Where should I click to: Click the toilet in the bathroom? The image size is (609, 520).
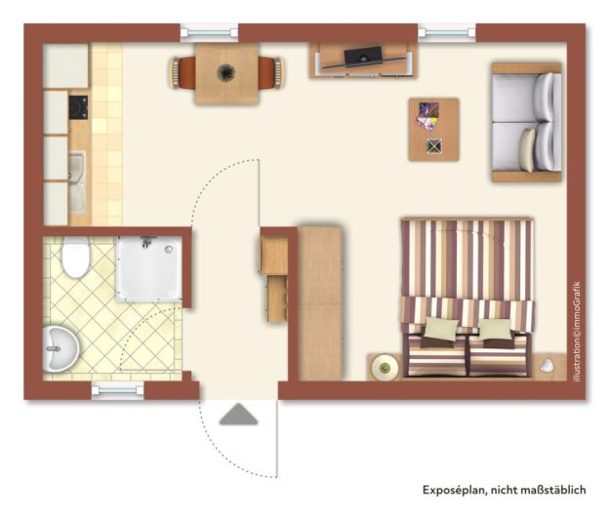(x=76, y=258)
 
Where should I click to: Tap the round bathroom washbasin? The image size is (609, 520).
(x=61, y=348)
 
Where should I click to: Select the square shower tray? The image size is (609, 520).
(x=149, y=268)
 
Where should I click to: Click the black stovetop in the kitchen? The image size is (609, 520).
(x=78, y=107)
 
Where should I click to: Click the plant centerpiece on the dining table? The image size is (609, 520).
(x=226, y=72)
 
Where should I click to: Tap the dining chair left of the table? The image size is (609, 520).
(x=182, y=73)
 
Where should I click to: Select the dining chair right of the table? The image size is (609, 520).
(x=272, y=73)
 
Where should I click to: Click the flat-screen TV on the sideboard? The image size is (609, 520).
(x=363, y=56)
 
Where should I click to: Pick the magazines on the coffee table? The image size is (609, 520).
(x=426, y=116)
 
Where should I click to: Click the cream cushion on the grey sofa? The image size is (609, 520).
(x=528, y=149)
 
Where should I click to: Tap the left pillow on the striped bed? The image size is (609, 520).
(x=441, y=329)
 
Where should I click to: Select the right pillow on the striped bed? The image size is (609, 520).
(x=495, y=330)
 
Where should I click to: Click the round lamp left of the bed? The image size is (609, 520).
(x=385, y=367)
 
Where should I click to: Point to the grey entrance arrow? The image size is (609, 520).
(x=238, y=414)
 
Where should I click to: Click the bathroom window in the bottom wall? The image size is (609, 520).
(x=117, y=390)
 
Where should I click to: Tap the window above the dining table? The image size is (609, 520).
(x=209, y=32)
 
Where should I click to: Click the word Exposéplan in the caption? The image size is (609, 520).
(x=454, y=490)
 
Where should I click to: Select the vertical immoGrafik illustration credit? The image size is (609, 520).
(x=577, y=332)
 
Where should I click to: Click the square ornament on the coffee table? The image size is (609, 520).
(x=433, y=146)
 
